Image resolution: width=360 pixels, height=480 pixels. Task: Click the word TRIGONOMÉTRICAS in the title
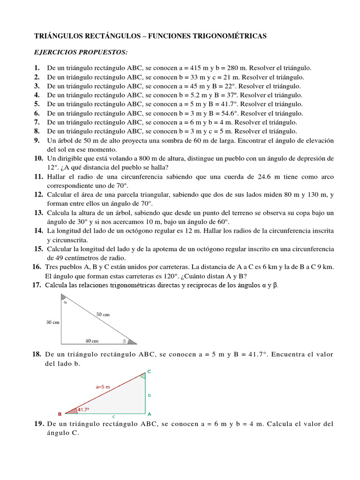click(225, 36)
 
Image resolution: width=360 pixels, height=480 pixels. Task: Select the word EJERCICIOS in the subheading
click(55, 52)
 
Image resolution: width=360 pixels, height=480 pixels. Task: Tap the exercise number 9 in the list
click(37, 140)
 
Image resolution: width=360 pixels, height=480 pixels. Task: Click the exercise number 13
click(38, 212)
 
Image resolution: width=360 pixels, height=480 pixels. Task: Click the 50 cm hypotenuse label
click(103, 315)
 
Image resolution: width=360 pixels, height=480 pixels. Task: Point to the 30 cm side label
click(52, 322)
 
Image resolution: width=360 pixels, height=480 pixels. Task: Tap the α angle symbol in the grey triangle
click(65, 302)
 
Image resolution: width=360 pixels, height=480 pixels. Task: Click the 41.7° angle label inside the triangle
click(83, 409)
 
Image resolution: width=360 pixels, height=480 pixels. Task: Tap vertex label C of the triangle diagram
click(149, 371)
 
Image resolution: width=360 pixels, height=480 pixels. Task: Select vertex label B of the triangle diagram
click(60, 414)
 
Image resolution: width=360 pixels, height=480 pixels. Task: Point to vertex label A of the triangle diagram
click(149, 414)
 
